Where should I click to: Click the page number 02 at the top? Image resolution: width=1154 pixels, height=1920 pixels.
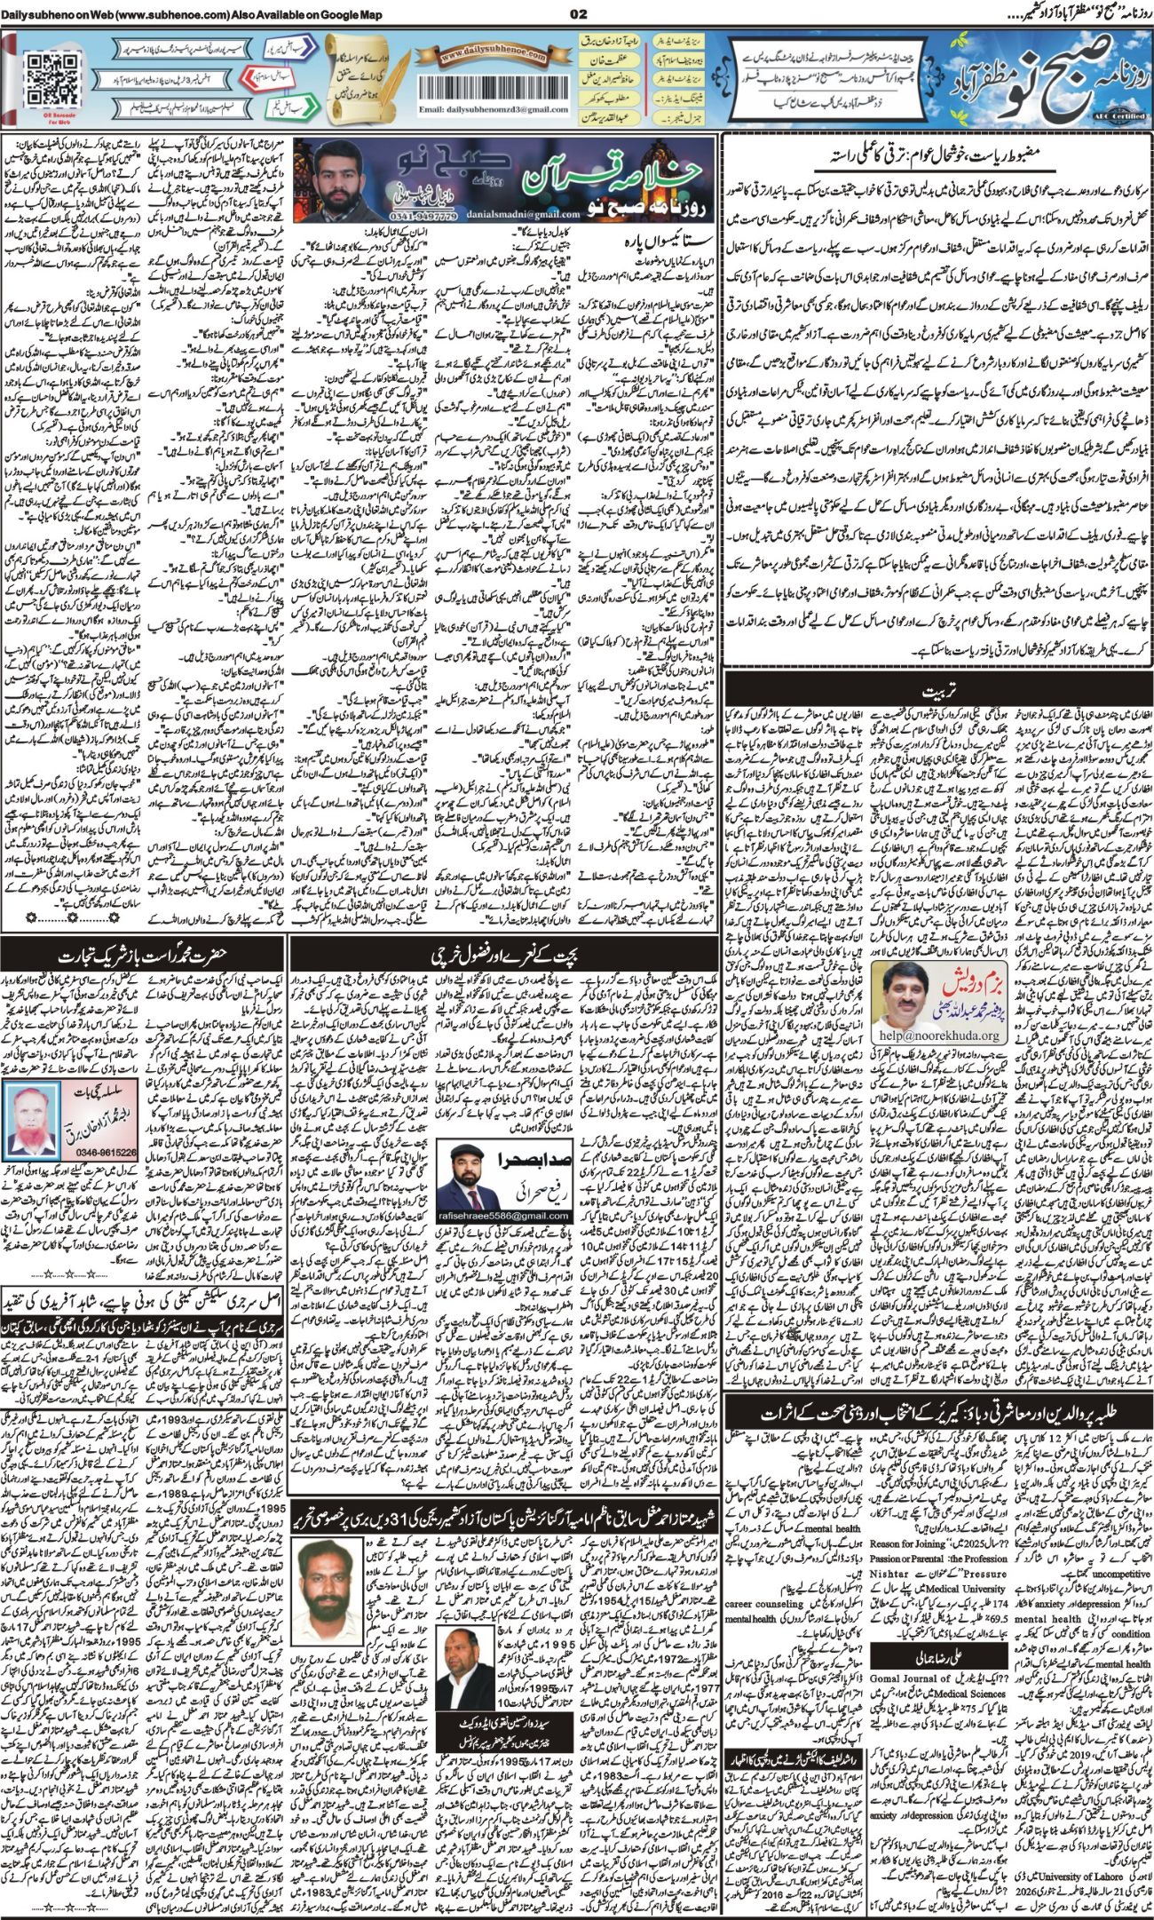(578, 12)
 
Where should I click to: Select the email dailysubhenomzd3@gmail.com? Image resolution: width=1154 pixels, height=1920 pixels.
(494, 111)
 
